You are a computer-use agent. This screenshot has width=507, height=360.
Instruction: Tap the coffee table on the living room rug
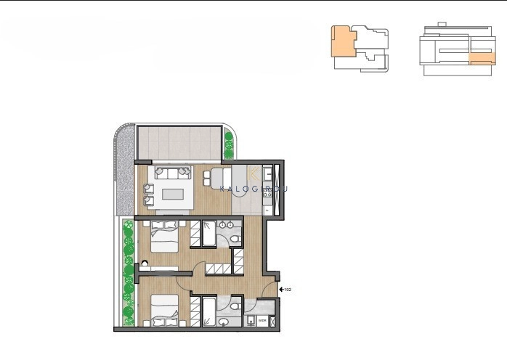pos(172,194)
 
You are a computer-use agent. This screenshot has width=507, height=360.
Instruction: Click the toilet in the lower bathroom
pos(224,320)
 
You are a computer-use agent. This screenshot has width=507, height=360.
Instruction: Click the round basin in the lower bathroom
pos(250,319)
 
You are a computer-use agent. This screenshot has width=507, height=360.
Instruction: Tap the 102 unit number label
pos(288,290)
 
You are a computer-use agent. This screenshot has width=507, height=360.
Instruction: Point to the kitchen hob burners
pos(267,174)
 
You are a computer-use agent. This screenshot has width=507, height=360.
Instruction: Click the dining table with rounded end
pos(221,177)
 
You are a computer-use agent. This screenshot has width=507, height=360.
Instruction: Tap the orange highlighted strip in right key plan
pos(482,58)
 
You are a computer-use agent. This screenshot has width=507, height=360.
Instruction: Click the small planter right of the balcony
pos(229,144)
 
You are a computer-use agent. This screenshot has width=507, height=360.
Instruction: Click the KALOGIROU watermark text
pos(253,188)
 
